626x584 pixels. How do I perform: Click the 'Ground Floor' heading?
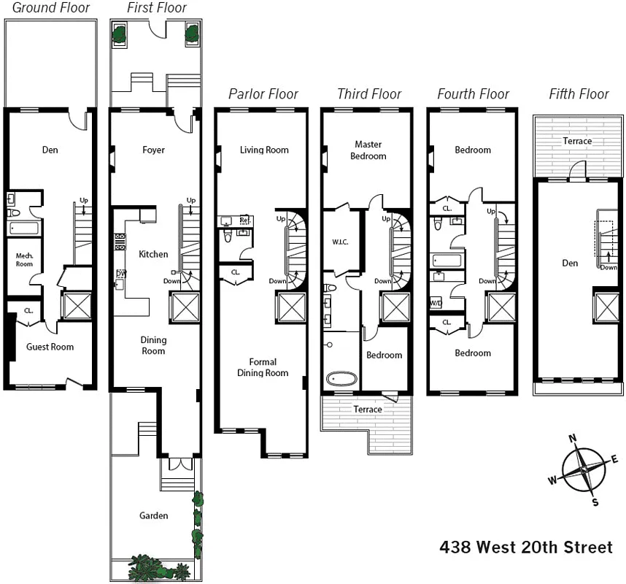click(51, 8)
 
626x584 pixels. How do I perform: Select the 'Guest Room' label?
click(50, 347)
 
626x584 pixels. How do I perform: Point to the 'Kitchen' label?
click(153, 254)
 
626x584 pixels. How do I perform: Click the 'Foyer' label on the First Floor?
click(153, 150)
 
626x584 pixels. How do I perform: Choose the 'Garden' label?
click(153, 515)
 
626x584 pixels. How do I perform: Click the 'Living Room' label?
click(264, 150)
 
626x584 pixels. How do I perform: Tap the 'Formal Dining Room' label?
click(263, 367)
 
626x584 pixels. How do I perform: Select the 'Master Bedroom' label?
click(368, 150)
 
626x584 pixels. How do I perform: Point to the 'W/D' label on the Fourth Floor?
click(436, 302)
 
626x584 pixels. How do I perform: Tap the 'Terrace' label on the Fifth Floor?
click(577, 141)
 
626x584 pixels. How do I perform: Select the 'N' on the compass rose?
click(573, 439)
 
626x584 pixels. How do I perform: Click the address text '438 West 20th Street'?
click(526, 547)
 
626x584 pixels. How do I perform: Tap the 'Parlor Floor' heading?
click(263, 93)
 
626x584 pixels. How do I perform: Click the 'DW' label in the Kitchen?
click(120, 274)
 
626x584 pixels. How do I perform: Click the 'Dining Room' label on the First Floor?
click(153, 345)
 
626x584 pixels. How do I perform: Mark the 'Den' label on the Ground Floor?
click(50, 150)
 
